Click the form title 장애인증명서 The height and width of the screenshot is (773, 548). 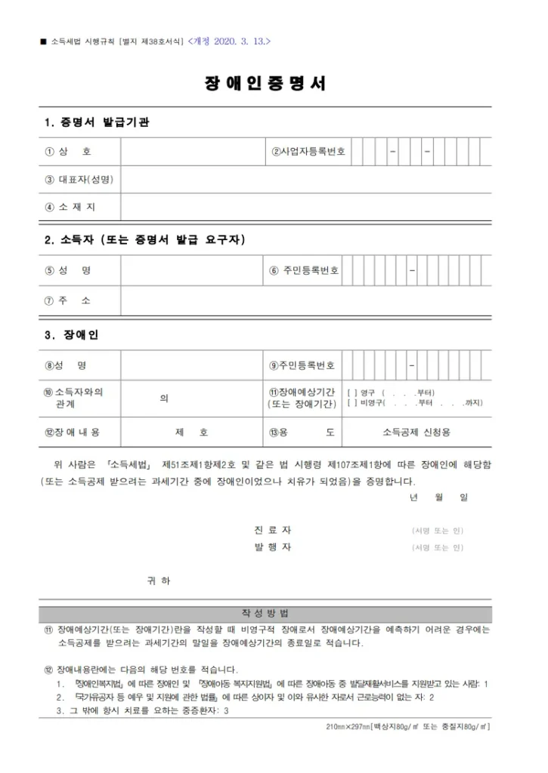tap(265, 84)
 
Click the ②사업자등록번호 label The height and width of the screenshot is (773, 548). tap(308, 152)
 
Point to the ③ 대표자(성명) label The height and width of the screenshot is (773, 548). tap(79, 180)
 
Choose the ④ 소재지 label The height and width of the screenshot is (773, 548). tap(70, 207)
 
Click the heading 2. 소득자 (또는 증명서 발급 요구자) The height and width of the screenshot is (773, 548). tap(144, 240)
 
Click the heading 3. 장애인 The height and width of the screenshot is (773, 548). tap(71, 335)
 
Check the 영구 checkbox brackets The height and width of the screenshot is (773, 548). tap(351, 393)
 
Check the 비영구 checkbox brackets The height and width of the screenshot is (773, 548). tap(351, 403)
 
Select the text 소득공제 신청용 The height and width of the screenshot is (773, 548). tap(416, 433)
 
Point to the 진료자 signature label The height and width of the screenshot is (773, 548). tap(273, 530)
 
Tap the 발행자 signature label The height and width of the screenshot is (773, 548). tap(273, 547)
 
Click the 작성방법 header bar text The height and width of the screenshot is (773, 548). tap(265, 613)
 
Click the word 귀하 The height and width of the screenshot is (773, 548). tap(159, 581)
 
